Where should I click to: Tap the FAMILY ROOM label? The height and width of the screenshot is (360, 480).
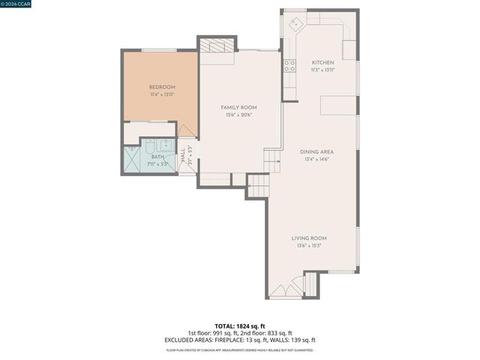click(234, 107)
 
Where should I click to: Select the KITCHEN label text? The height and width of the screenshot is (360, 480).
click(322, 62)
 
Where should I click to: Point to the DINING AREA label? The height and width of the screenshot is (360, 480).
click(316, 151)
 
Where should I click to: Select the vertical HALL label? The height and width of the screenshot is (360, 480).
click(182, 157)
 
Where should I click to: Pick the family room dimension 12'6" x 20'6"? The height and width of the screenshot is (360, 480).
click(234, 115)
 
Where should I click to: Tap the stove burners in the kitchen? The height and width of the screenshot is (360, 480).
click(289, 65)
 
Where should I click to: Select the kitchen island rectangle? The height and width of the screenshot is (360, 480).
click(337, 104)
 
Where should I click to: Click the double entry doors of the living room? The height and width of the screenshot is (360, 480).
click(285, 291)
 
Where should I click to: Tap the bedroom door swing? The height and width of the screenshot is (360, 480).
click(187, 130)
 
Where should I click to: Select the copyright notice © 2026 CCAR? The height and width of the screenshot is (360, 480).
click(18, 4)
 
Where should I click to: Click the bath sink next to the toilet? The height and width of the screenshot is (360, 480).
click(166, 146)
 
